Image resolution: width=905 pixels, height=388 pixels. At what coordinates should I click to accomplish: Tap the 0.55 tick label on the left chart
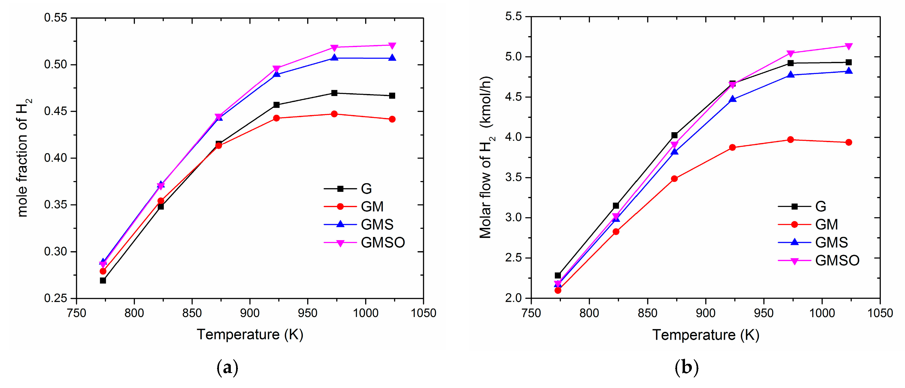pyautogui.click(x=56, y=18)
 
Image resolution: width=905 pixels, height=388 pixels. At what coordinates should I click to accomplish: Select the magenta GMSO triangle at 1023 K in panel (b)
pyautogui.click(x=848, y=46)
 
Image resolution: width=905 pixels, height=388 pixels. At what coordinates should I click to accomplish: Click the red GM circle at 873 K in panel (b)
pyautogui.click(x=674, y=179)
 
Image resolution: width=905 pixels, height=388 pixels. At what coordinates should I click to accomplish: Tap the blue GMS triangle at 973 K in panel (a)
pyautogui.click(x=334, y=58)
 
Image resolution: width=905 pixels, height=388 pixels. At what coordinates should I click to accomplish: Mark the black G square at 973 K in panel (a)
pyautogui.click(x=334, y=93)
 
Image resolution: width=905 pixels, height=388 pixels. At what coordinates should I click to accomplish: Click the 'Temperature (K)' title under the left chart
pyautogui.click(x=250, y=334)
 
